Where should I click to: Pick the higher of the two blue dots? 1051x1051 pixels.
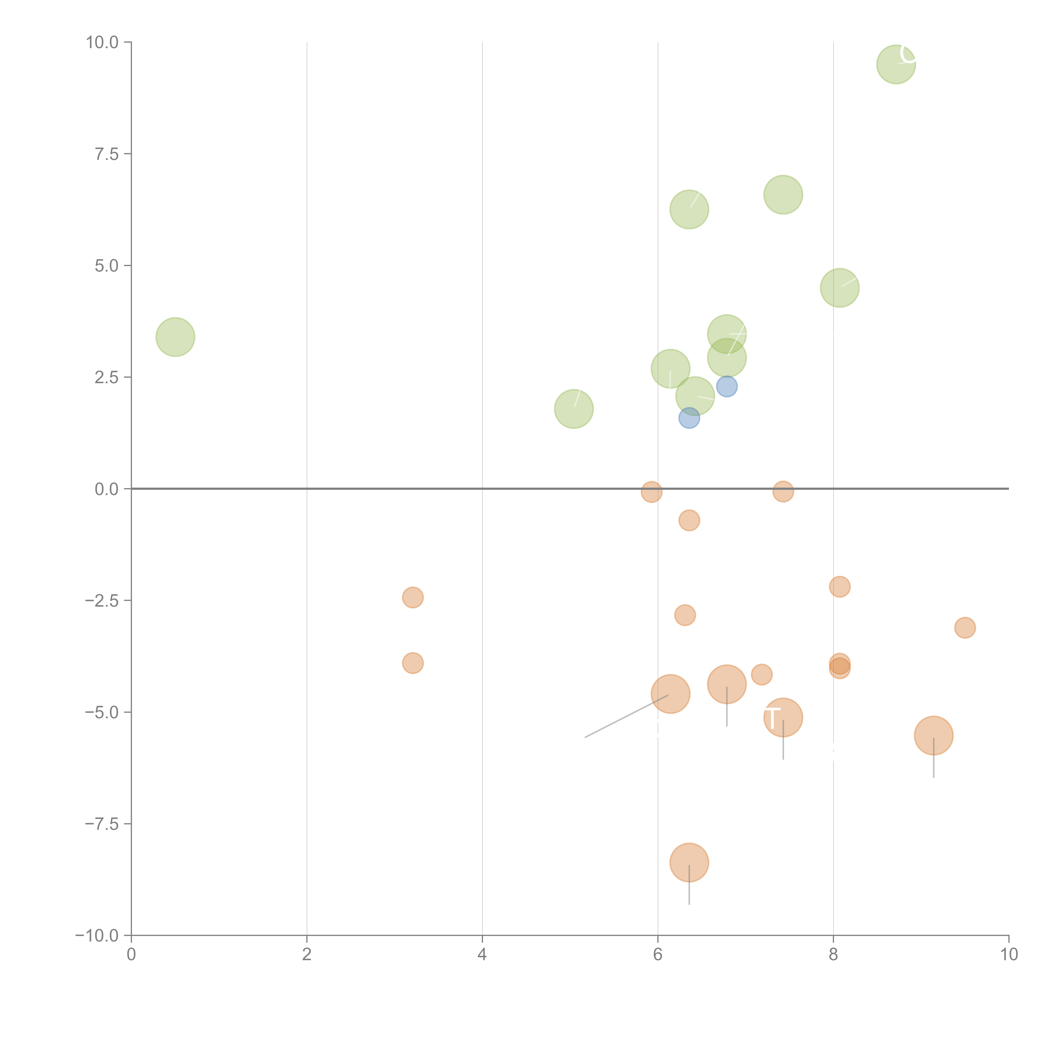(726, 387)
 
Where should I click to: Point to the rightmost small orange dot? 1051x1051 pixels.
(965, 628)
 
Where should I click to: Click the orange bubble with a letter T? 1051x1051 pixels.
(783, 718)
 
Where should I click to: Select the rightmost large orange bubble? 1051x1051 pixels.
(933, 735)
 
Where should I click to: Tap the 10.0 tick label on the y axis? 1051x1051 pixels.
(102, 42)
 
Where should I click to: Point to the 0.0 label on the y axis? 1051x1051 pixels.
(107, 489)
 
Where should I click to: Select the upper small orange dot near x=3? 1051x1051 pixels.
(413, 598)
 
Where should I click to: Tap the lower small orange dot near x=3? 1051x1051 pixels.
(413, 663)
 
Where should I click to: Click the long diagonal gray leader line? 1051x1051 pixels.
(626, 716)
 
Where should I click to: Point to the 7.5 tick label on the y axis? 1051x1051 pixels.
(107, 154)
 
